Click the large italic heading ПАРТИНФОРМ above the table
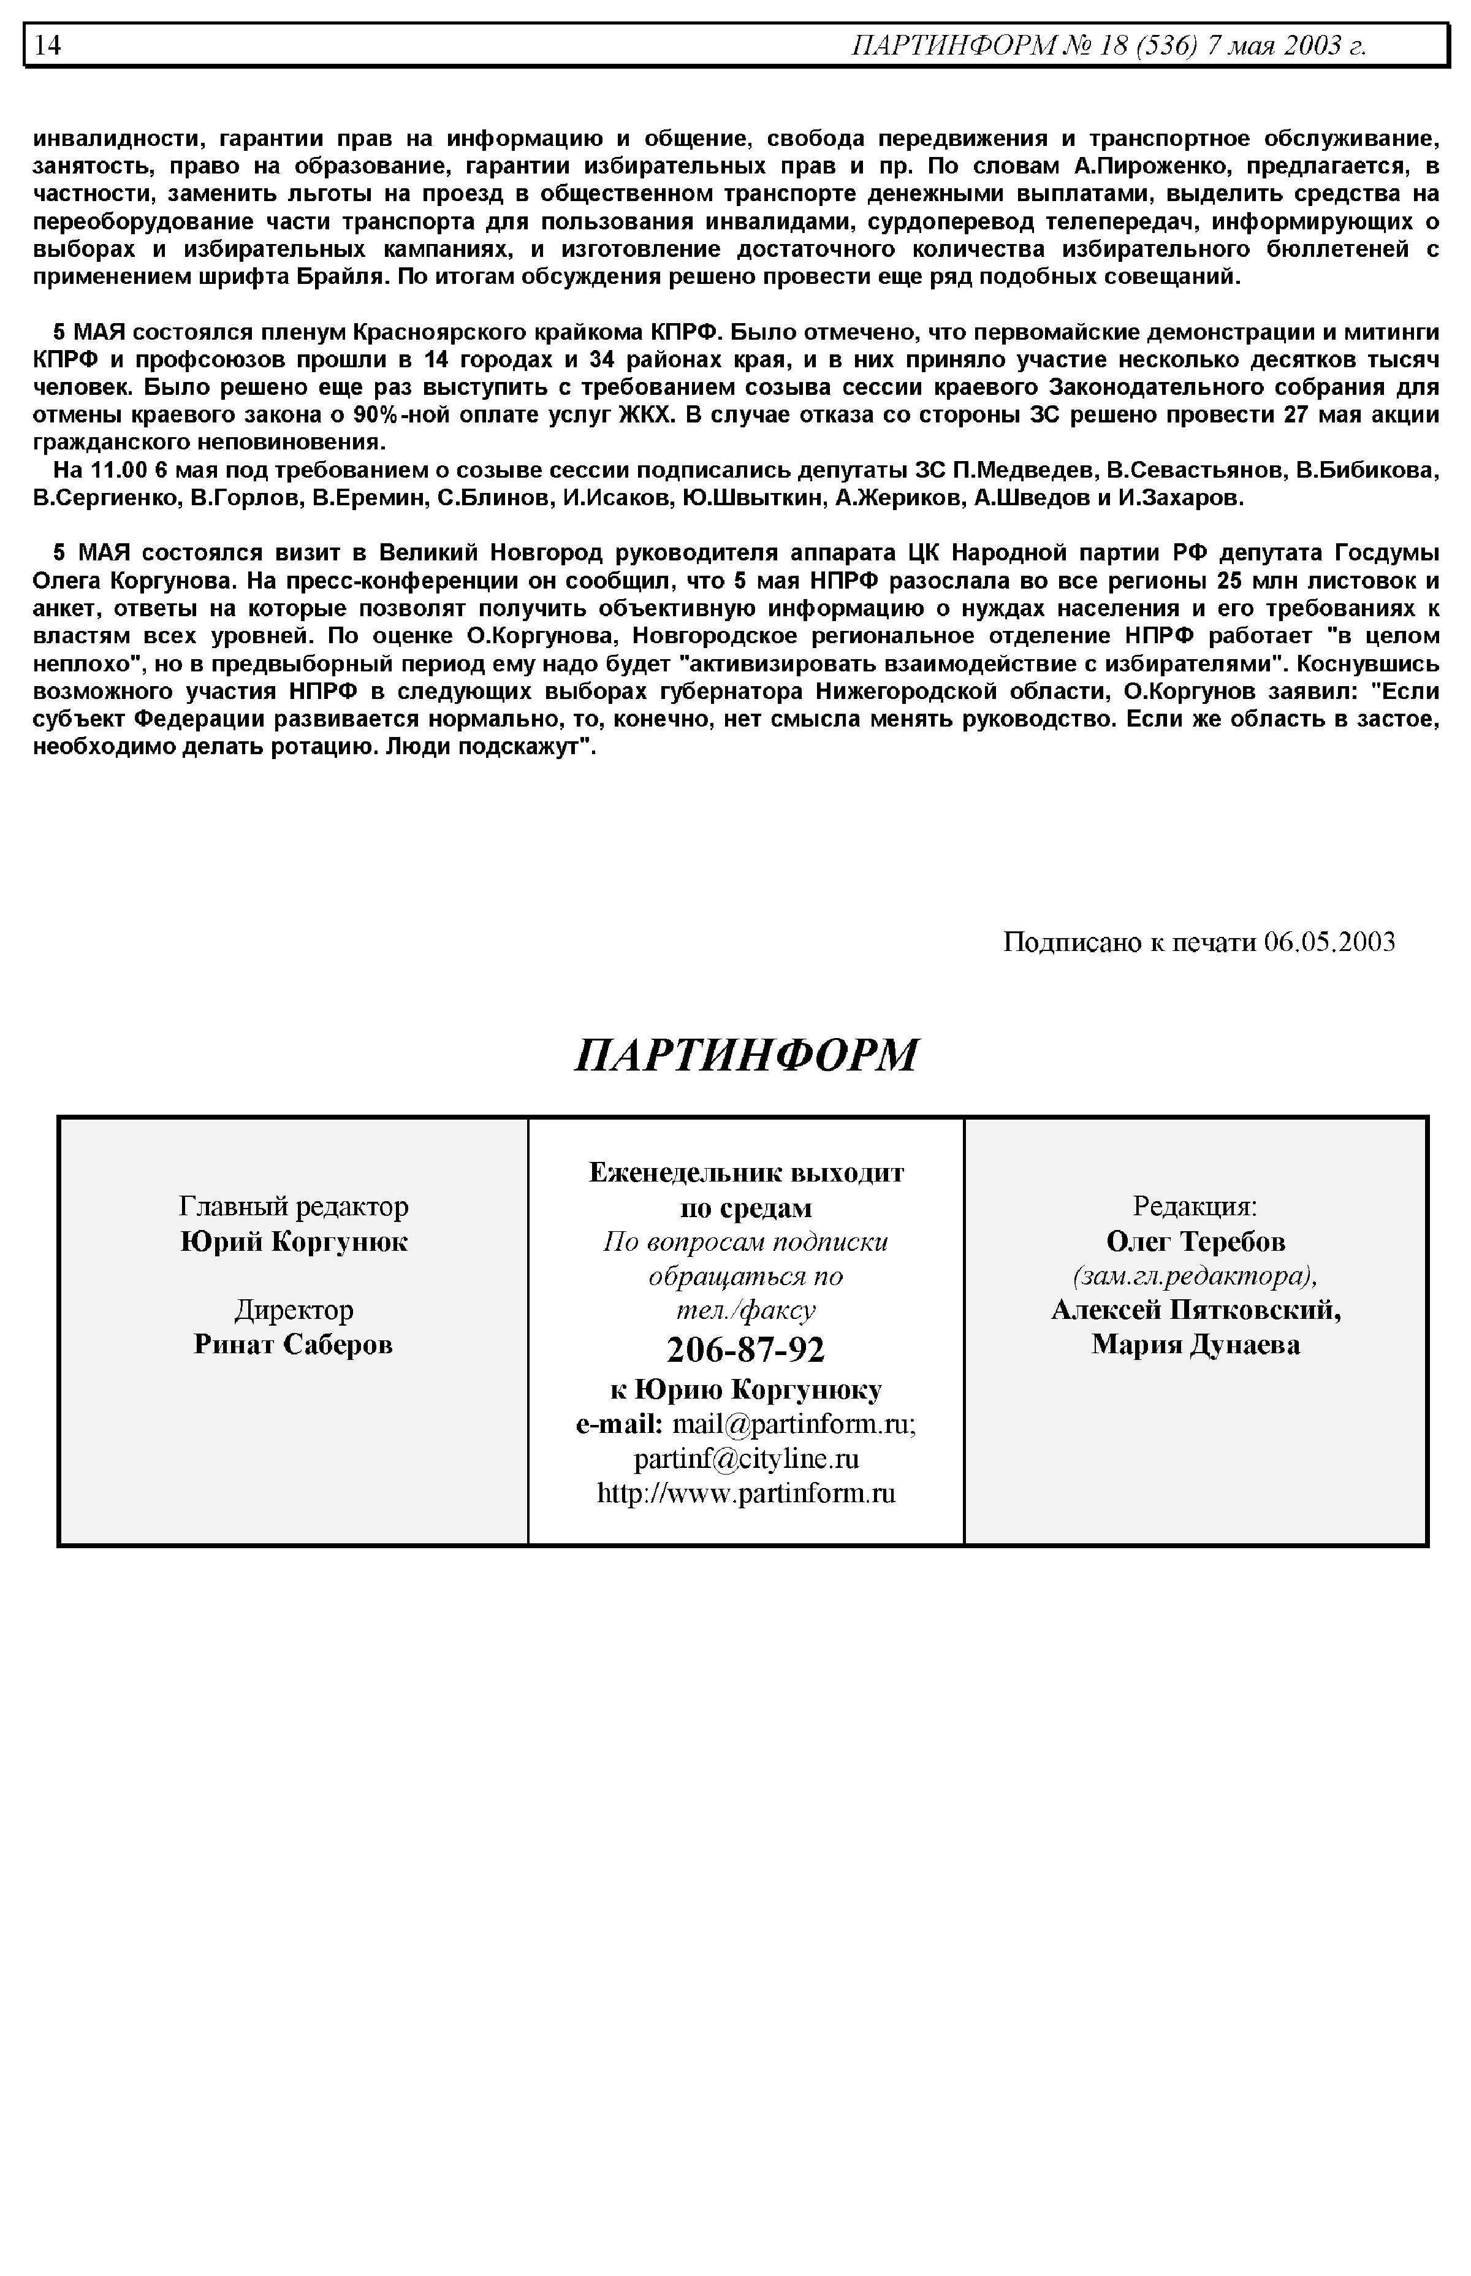(x=746, y=1055)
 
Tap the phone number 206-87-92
(x=746, y=1349)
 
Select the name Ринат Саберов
(x=293, y=1345)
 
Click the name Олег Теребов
(x=1196, y=1241)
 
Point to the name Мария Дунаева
(x=1196, y=1345)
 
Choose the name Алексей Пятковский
(x=1196, y=1310)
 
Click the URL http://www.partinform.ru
(x=746, y=1494)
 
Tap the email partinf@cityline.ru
(x=746, y=1459)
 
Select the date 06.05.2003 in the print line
(x=1329, y=943)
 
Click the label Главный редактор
(x=293, y=1207)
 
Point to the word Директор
(x=293, y=1310)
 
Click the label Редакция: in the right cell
(x=1195, y=1207)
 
